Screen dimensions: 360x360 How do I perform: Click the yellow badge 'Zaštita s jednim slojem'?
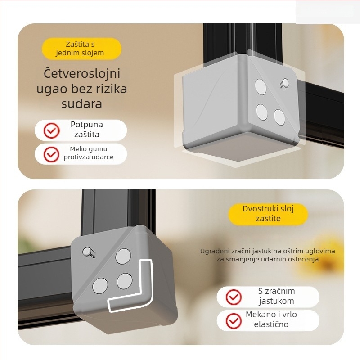[x=81, y=49]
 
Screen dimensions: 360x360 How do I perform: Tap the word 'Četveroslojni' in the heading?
[x=82, y=74]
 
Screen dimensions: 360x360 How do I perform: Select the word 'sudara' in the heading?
[x=82, y=104]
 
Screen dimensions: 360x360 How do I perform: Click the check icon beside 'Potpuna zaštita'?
[x=51, y=130]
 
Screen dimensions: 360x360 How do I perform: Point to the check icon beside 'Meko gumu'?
[x=51, y=154]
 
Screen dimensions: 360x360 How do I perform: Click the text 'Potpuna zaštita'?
[x=87, y=130]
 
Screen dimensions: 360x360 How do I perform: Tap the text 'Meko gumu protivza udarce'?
[x=89, y=153]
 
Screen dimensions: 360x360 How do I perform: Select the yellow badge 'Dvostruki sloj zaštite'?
[x=268, y=214]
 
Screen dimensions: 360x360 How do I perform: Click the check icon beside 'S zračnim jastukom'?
[x=234, y=297]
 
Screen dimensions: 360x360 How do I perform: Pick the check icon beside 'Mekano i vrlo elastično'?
[x=234, y=321]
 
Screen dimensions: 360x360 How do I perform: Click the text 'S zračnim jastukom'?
[x=276, y=296]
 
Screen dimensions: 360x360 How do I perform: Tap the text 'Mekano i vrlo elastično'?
[x=271, y=319]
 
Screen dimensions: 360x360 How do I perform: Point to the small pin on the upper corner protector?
[x=285, y=83]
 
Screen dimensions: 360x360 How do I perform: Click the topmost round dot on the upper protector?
[x=261, y=86]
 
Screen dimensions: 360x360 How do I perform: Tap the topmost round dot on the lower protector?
[x=123, y=256]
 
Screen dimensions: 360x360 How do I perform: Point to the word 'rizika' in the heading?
[x=111, y=89]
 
